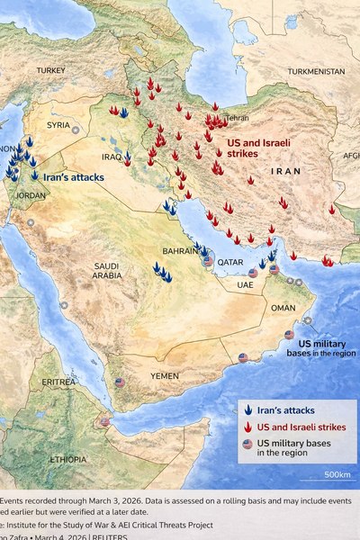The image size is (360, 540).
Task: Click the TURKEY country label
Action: pyautogui.click(x=51, y=70)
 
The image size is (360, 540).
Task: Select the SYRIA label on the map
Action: pyautogui.click(x=58, y=125)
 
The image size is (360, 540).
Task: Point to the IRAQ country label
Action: pyautogui.click(x=112, y=157)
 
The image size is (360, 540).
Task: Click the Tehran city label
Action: pyautogui.click(x=238, y=118)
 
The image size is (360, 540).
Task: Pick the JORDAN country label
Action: pyautogui.click(x=31, y=195)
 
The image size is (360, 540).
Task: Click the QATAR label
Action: pyautogui.click(x=231, y=262)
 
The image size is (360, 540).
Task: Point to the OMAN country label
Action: pyautogui.click(x=283, y=308)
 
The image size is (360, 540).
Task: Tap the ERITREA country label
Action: pyautogui.click(x=59, y=382)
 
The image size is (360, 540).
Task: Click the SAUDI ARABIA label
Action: pyautogui.click(x=107, y=271)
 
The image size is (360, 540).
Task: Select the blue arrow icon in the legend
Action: pyautogui.click(x=247, y=409)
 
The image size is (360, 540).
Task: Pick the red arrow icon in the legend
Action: pyautogui.click(x=247, y=427)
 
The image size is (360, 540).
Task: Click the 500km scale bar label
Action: pyautogui.click(x=337, y=474)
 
